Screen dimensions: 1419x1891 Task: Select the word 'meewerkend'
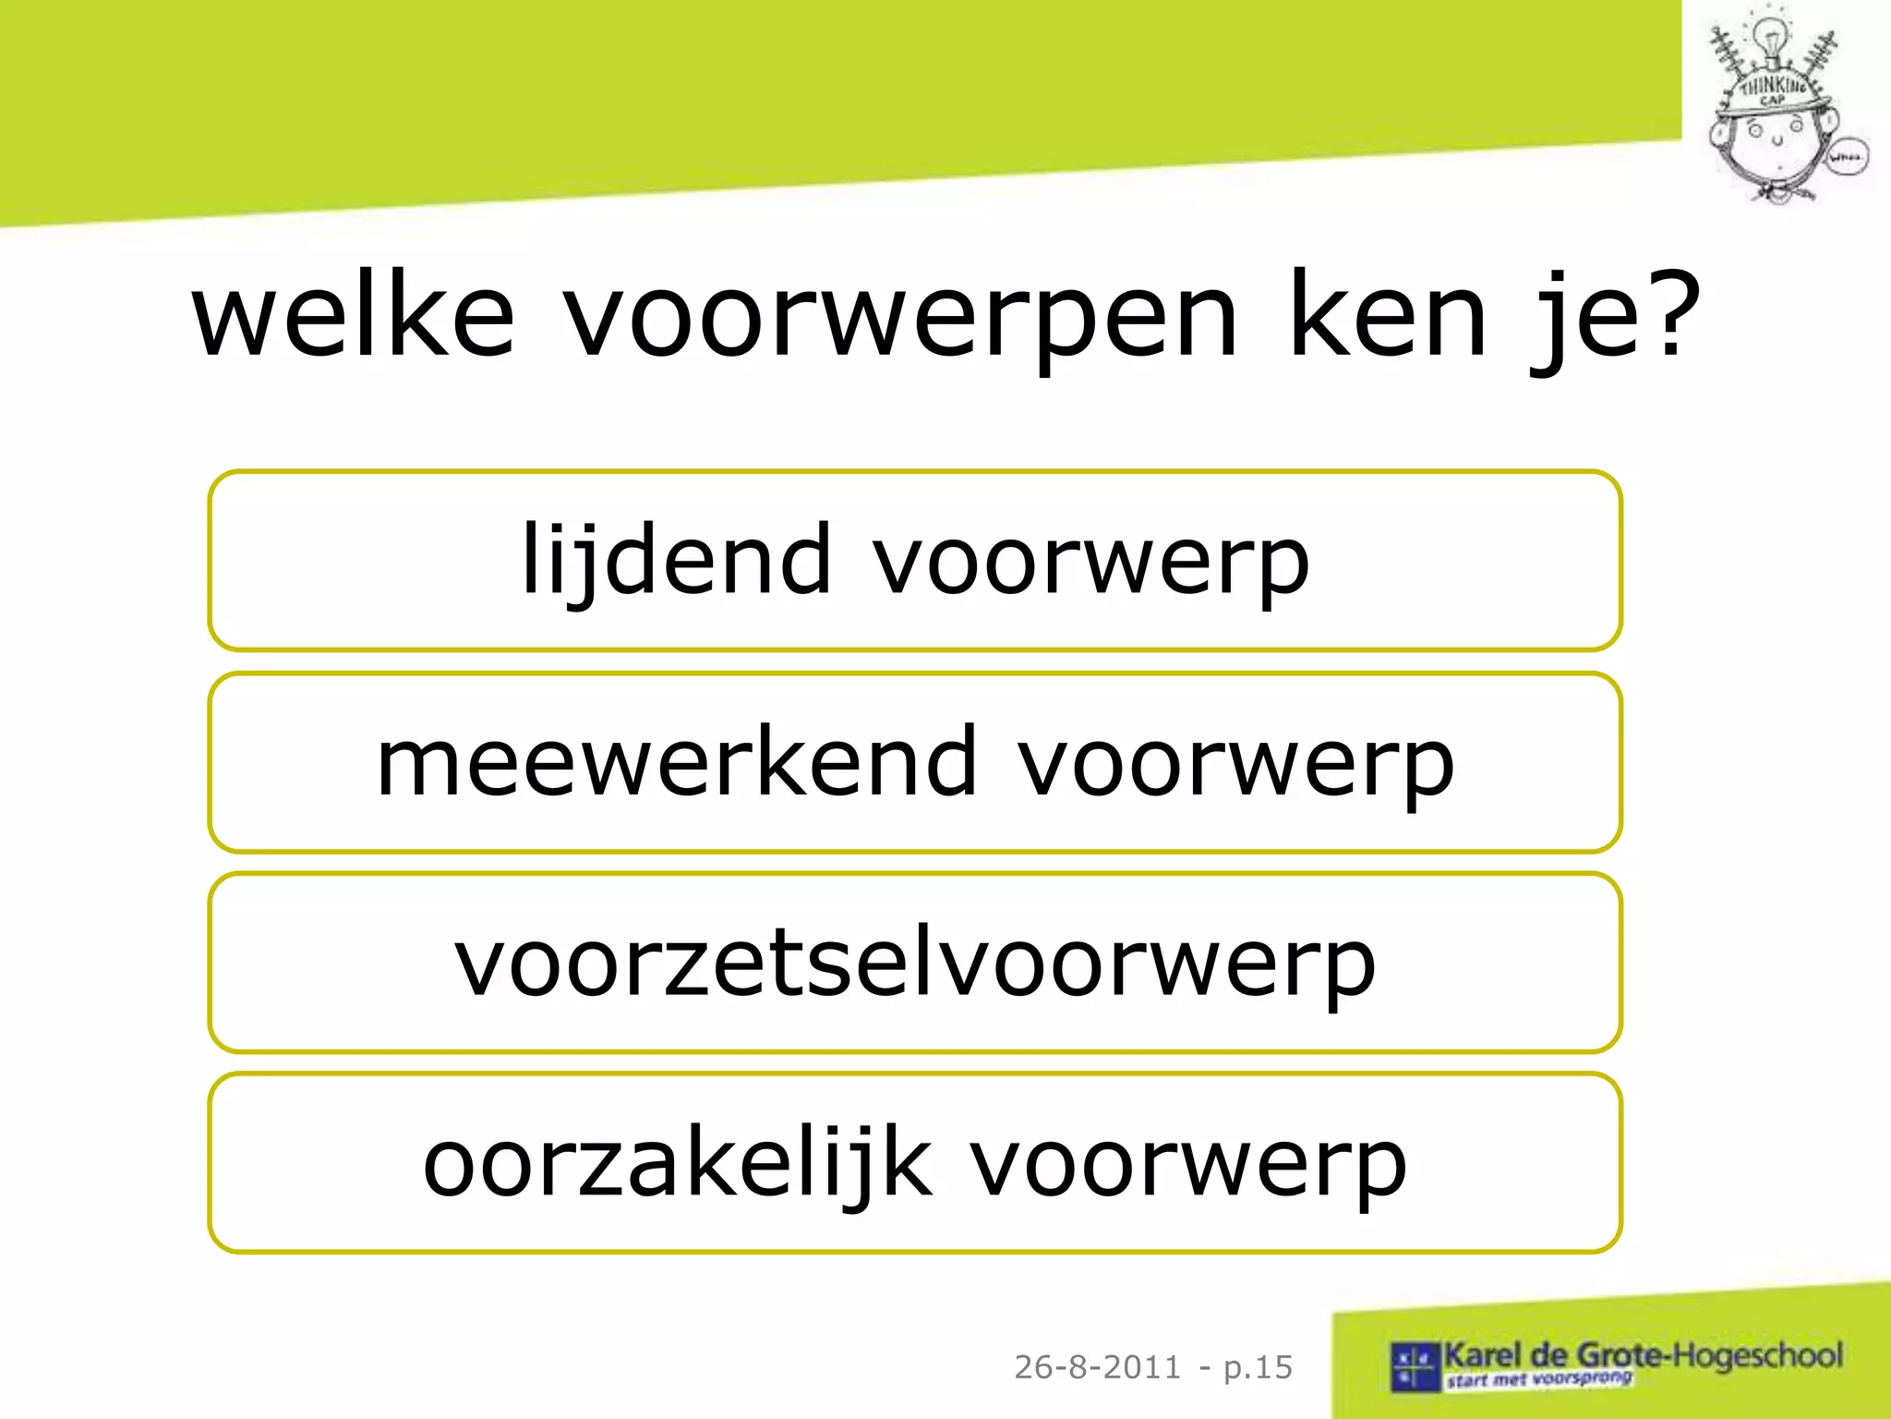[676, 761]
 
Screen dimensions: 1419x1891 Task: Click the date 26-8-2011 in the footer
[1097, 1366]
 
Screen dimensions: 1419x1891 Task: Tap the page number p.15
[1258, 1367]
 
